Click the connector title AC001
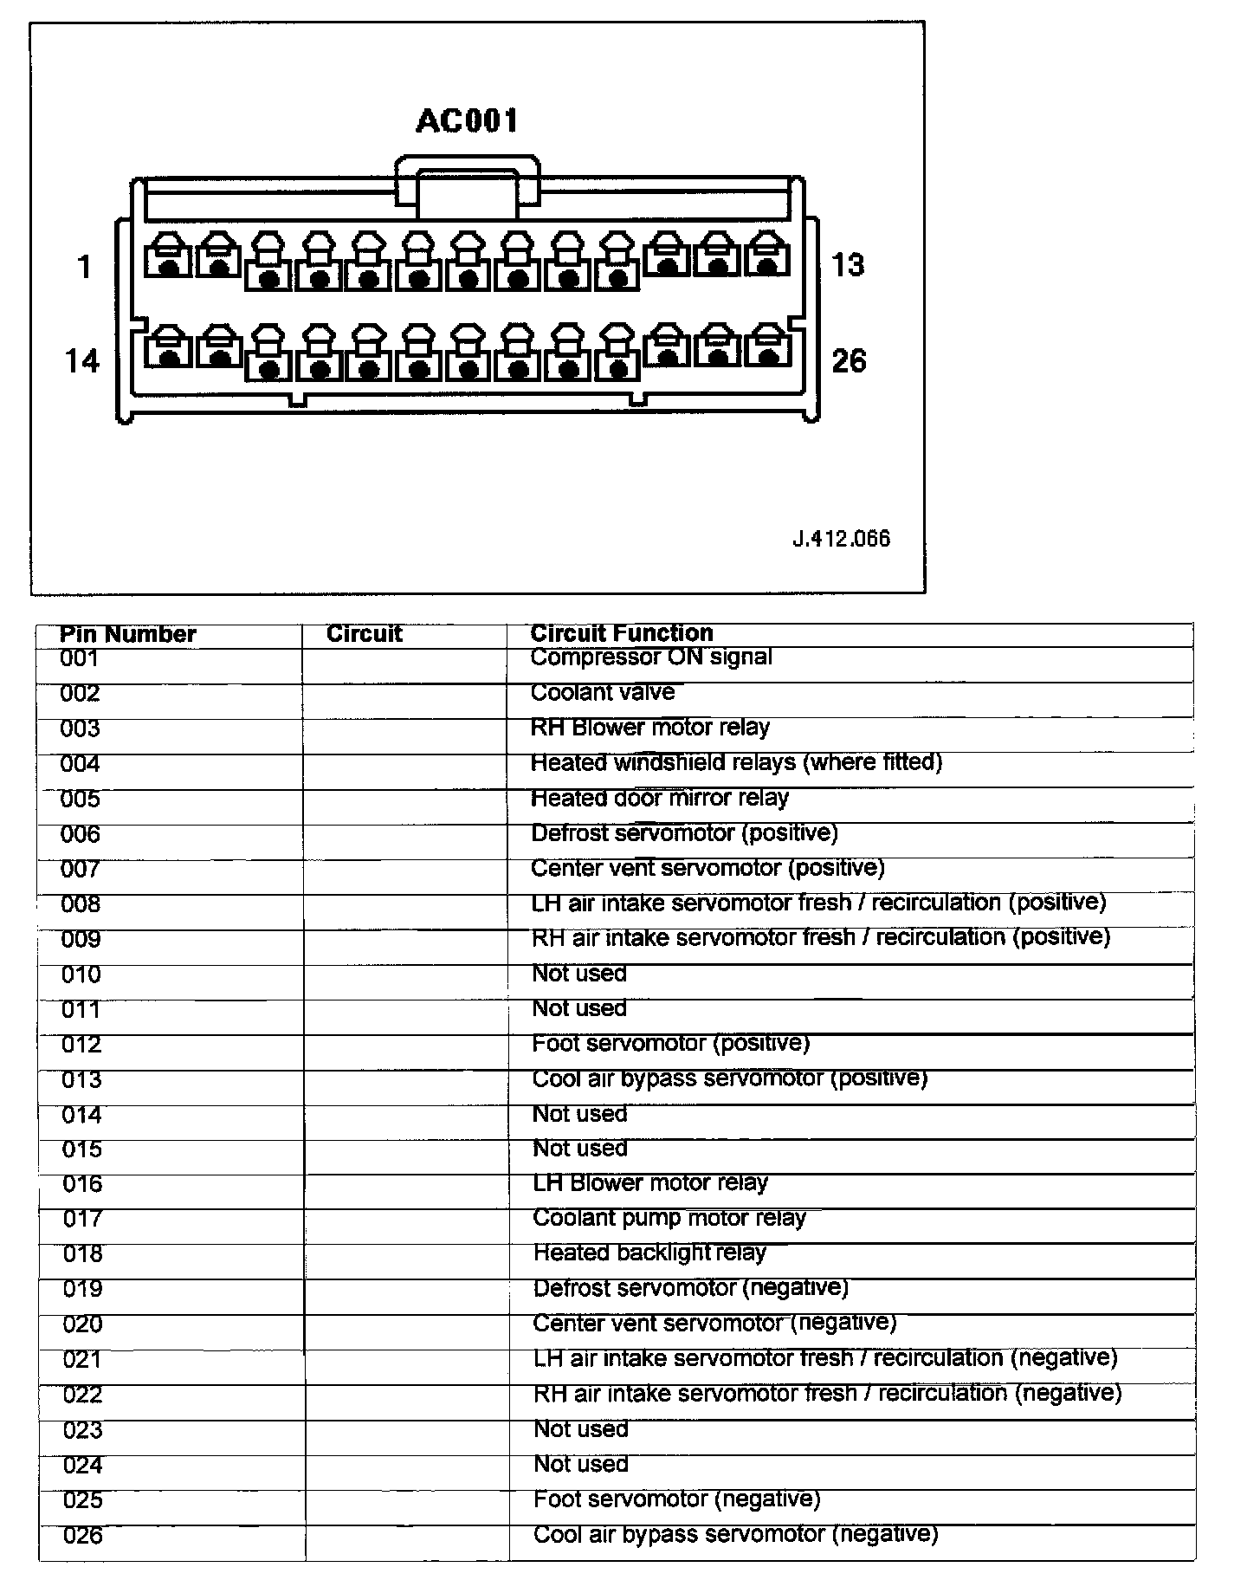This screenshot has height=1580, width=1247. click(x=467, y=120)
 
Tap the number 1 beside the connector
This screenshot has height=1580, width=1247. click(x=84, y=266)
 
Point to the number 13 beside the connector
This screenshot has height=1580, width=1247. click(x=847, y=264)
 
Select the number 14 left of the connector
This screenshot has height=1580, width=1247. click(x=82, y=360)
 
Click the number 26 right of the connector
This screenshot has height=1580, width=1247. click(x=849, y=360)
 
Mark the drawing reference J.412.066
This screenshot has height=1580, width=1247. click(x=841, y=539)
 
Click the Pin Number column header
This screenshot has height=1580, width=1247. click(x=128, y=634)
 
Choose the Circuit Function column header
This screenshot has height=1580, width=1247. click(x=622, y=633)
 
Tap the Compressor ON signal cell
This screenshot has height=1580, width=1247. click(x=651, y=657)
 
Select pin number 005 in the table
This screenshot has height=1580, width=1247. click(x=81, y=799)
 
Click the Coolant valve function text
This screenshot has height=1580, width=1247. click(x=603, y=692)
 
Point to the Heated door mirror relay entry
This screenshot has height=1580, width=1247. click(x=660, y=798)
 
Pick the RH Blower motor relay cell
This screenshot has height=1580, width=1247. click(x=650, y=728)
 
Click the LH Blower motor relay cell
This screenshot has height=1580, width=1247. click(x=650, y=1183)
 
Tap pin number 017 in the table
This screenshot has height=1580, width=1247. click(x=82, y=1220)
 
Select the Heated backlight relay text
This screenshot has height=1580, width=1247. click(x=649, y=1253)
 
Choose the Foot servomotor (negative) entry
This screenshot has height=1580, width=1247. click(x=676, y=1499)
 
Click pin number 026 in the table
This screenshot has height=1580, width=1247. click(x=83, y=1536)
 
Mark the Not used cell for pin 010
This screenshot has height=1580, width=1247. click(x=579, y=974)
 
